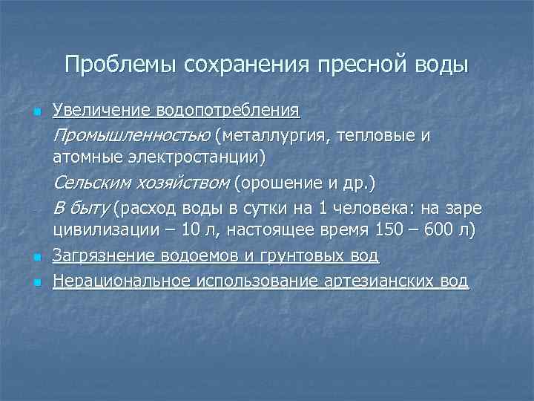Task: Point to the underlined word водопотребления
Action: click(226, 111)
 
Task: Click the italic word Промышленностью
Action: click(132, 136)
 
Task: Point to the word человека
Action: click(383, 207)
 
